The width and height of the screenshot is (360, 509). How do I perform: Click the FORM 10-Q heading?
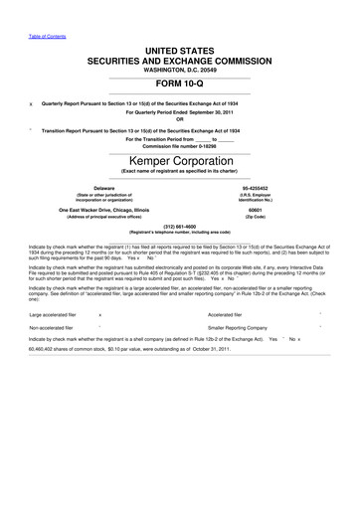[x=180, y=84]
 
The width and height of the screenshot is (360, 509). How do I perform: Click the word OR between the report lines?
[x=180, y=120]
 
